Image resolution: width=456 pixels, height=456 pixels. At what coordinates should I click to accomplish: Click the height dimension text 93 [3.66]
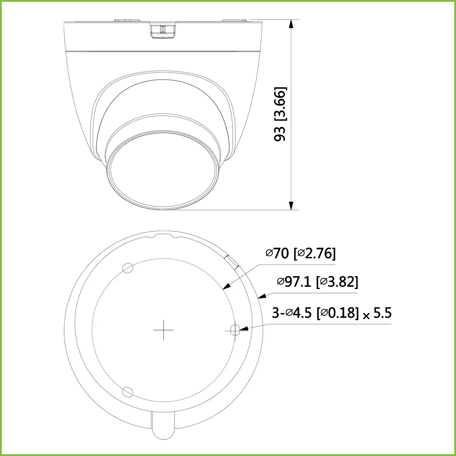pos(280,114)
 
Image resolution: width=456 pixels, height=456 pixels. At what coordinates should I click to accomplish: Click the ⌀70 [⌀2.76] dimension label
pos(301,253)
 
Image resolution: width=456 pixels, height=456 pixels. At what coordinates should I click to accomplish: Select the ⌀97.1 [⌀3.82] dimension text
pos(318,282)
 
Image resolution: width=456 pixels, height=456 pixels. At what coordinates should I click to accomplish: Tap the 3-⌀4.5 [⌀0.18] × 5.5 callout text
pos(332,313)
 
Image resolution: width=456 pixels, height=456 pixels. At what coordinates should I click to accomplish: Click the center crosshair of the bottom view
pos(163,330)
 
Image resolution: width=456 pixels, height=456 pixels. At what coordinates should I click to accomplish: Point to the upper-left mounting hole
pos(128,267)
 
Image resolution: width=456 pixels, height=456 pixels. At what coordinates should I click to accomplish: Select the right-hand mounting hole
pos(236,330)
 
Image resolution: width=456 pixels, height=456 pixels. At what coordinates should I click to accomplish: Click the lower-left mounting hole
pos(128,391)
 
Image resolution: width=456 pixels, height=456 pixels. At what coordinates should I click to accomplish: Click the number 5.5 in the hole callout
pos(382,313)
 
